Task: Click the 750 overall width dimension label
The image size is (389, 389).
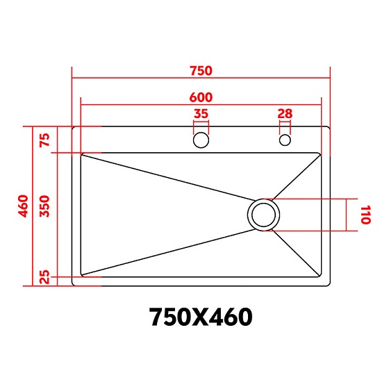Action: pyautogui.click(x=201, y=71)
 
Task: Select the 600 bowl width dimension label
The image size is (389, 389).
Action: pyautogui.click(x=201, y=97)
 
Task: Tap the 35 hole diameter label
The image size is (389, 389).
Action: pyautogui.click(x=201, y=114)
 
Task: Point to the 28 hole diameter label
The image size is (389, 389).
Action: pyautogui.click(x=285, y=114)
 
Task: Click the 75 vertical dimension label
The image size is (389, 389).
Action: pyautogui.click(x=45, y=140)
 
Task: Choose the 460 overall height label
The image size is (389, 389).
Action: pyautogui.click(x=24, y=206)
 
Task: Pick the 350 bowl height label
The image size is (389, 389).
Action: pyautogui.click(x=45, y=206)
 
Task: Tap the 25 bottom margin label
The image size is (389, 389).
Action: pyautogui.click(x=45, y=277)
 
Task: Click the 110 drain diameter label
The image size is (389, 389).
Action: pyautogui.click(x=365, y=215)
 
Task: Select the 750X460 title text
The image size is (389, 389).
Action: pyautogui.click(x=201, y=317)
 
